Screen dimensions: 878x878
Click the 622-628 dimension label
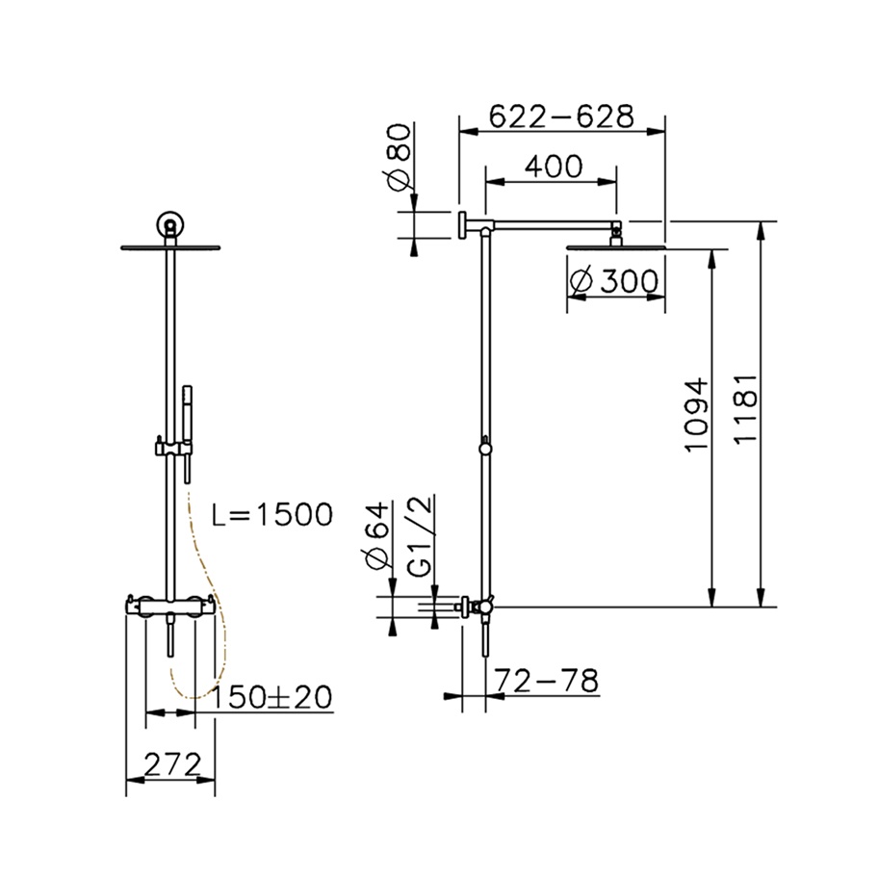(561, 116)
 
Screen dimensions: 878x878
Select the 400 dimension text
(554, 166)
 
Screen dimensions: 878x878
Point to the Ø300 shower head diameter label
(613, 281)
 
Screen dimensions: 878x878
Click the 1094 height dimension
(697, 414)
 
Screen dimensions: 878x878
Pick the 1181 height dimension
(745, 409)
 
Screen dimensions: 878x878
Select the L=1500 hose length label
(272, 514)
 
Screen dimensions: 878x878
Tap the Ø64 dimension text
(375, 536)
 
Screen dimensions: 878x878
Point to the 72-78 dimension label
(547, 681)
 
